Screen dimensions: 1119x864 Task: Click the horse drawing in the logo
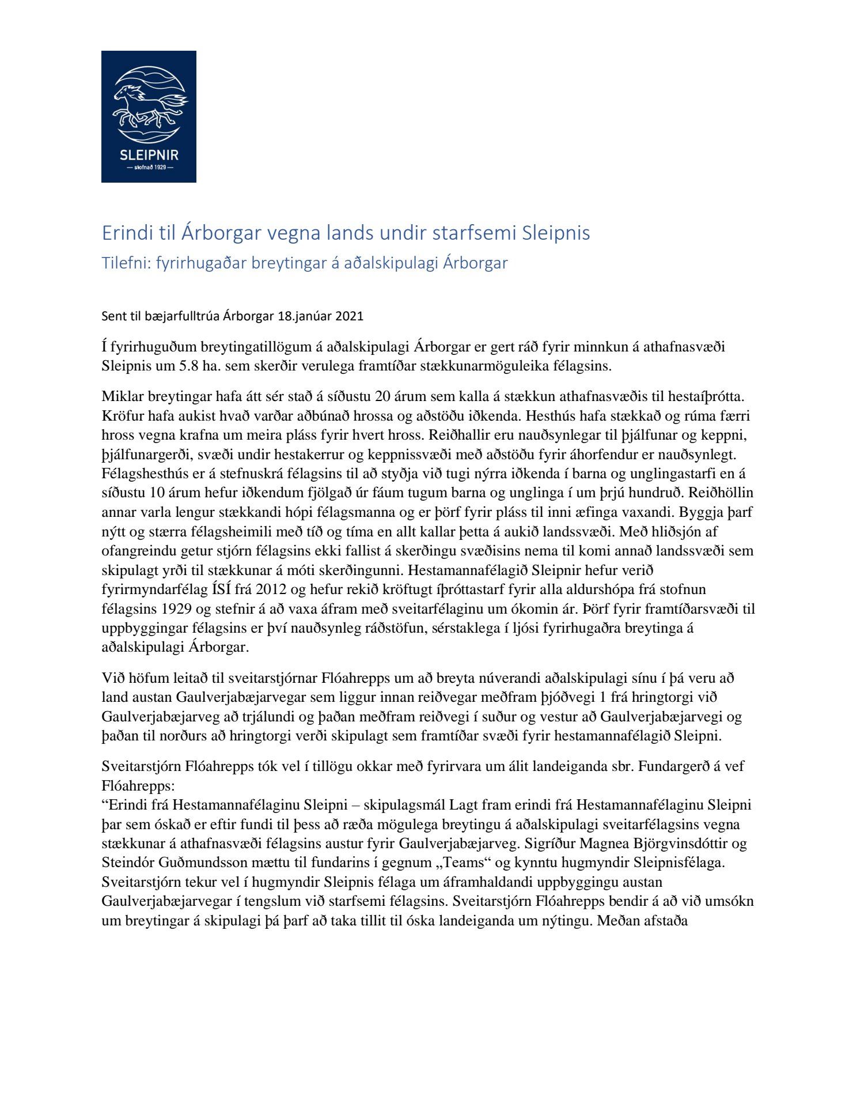pos(149,106)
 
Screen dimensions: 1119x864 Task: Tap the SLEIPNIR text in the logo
pos(149,155)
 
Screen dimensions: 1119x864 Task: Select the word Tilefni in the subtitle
pos(122,263)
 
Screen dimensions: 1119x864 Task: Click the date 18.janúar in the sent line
pos(304,316)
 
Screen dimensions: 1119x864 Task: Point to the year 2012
pos(271,589)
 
